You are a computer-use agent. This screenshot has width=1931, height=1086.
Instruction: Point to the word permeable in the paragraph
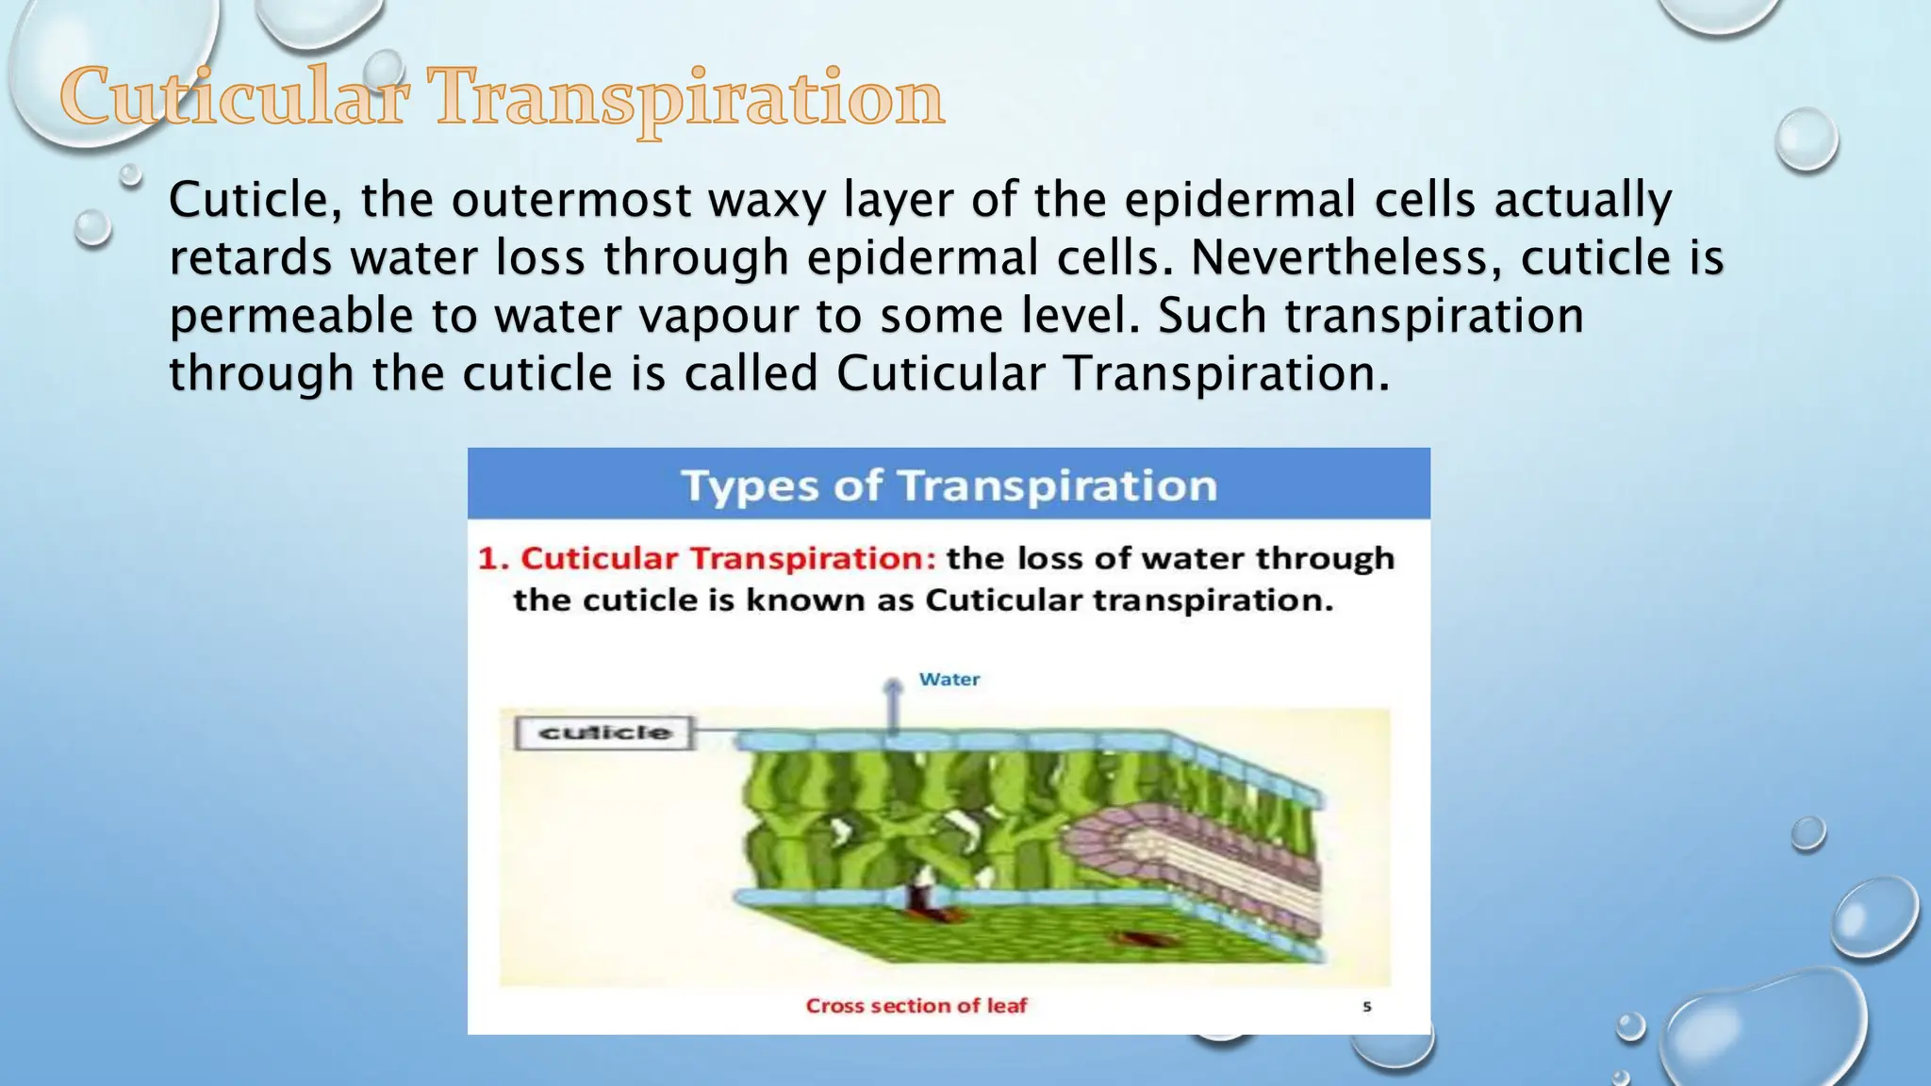click(x=290, y=317)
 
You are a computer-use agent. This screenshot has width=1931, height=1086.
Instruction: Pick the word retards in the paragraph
click(x=250, y=257)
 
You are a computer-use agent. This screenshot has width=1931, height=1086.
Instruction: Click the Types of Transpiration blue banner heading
click(x=949, y=485)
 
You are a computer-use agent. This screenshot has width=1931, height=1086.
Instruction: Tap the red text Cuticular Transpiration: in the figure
click(x=728, y=558)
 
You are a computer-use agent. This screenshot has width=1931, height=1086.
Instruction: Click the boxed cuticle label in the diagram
click(x=604, y=732)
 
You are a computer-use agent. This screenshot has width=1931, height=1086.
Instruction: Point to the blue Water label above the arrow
click(x=949, y=679)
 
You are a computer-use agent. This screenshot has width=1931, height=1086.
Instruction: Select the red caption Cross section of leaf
click(x=916, y=1006)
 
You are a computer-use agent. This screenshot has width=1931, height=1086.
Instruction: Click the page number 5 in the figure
click(x=1366, y=1007)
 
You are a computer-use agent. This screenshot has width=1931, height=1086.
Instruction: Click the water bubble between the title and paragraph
click(x=131, y=174)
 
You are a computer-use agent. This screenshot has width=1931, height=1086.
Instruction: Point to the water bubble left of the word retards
click(x=92, y=227)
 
